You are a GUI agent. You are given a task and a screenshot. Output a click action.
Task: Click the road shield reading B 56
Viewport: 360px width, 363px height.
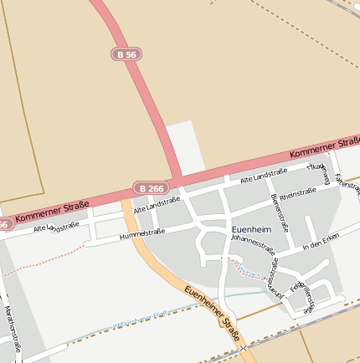[126, 54]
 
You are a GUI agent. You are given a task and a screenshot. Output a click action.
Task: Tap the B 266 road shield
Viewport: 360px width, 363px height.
[152, 188]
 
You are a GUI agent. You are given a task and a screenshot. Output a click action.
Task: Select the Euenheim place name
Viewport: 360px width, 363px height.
[250, 229]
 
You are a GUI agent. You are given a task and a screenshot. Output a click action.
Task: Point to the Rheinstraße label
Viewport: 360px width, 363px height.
[297, 193]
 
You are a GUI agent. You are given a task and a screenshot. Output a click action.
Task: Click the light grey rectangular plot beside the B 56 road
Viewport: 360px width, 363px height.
[185, 146]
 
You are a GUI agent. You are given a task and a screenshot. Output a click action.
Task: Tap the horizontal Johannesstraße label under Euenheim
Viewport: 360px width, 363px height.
[252, 245]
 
